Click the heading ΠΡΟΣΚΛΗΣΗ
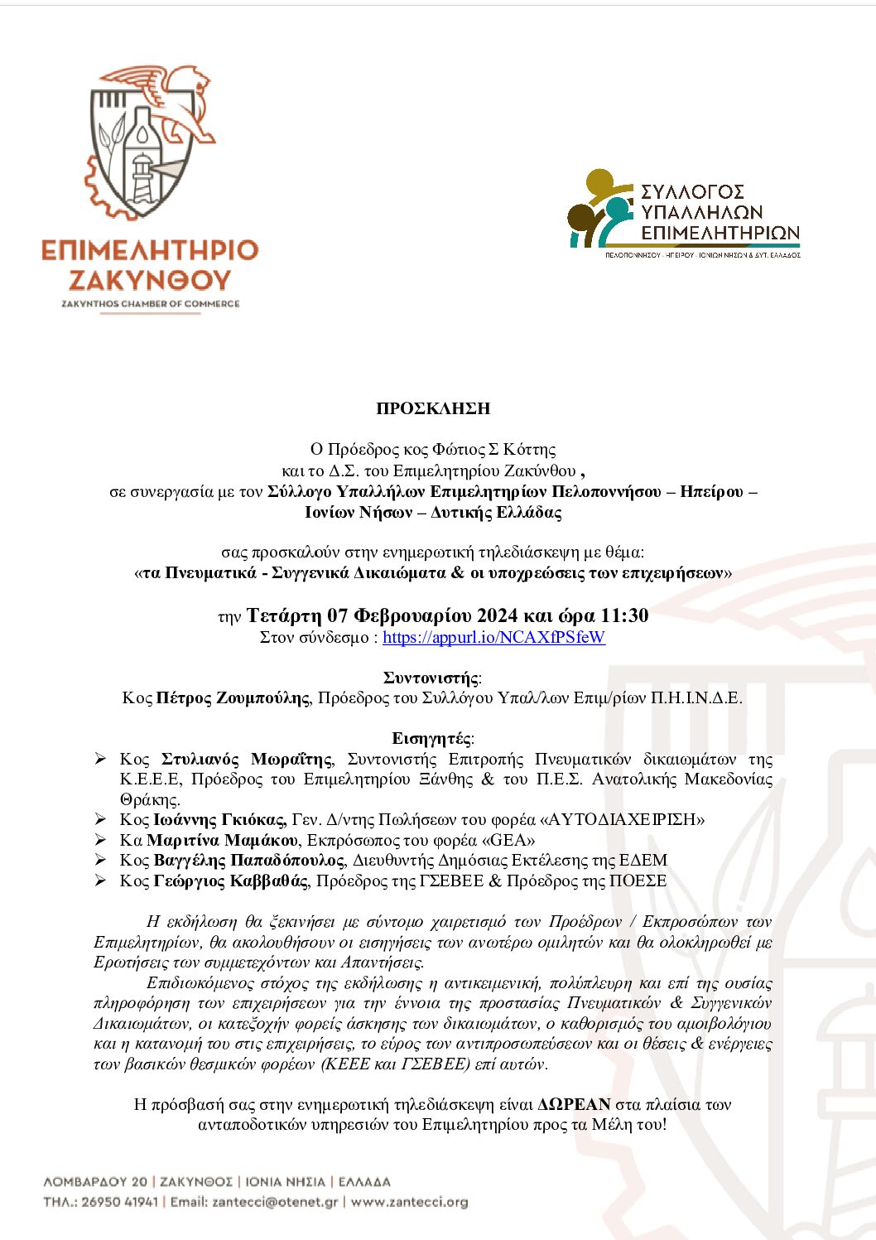433,408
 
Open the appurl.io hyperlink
493,637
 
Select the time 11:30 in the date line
624,615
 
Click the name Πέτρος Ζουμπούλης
233,697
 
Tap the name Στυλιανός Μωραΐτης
247,759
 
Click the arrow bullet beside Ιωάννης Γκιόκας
100,819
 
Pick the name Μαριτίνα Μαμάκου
222,840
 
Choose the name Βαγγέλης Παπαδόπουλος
248,860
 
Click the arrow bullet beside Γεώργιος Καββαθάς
100,881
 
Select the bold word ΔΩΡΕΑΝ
574,1104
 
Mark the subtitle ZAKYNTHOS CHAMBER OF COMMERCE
150,304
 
